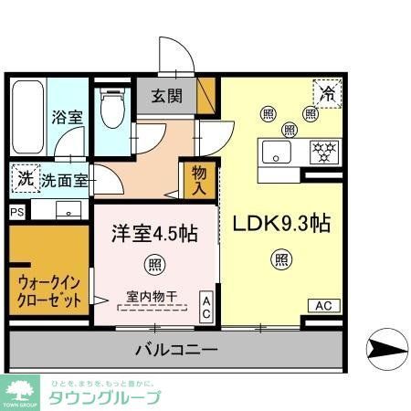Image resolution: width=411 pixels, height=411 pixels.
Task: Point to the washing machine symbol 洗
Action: [x=26, y=179]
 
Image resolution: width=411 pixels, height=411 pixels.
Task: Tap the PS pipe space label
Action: [x=16, y=212]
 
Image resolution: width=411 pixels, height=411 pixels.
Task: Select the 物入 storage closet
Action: [x=200, y=179]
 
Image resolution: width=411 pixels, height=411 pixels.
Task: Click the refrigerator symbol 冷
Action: [x=327, y=92]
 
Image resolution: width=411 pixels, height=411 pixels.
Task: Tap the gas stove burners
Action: [x=323, y=151]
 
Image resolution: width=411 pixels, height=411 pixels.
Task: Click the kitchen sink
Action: [x=275, y=152]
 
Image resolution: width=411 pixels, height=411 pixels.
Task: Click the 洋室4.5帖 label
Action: [x=154, y=233]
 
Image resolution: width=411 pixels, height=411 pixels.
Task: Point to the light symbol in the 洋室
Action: [x=153, y=266]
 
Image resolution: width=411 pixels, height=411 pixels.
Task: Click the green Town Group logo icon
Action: [x=20, y=389]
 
